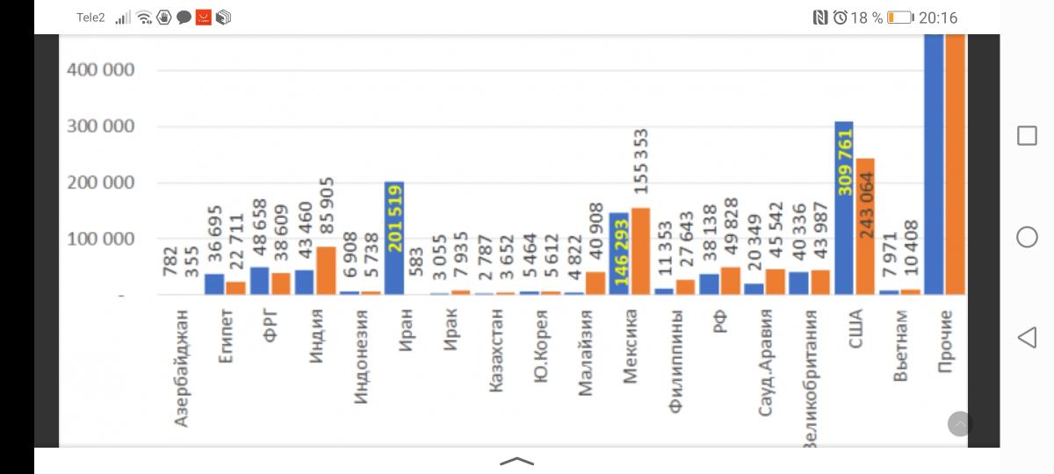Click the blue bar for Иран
coord(393,239)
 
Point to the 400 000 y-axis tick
coord(101,70)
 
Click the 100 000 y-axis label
coord(101,239)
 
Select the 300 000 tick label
coord(101,126)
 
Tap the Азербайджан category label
coord(181,367)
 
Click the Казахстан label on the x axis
coord(496,350)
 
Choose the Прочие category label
coord(945,341)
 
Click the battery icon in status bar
coord(899,18)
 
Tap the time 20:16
coord(938,18)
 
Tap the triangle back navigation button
coord(1027,337)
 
